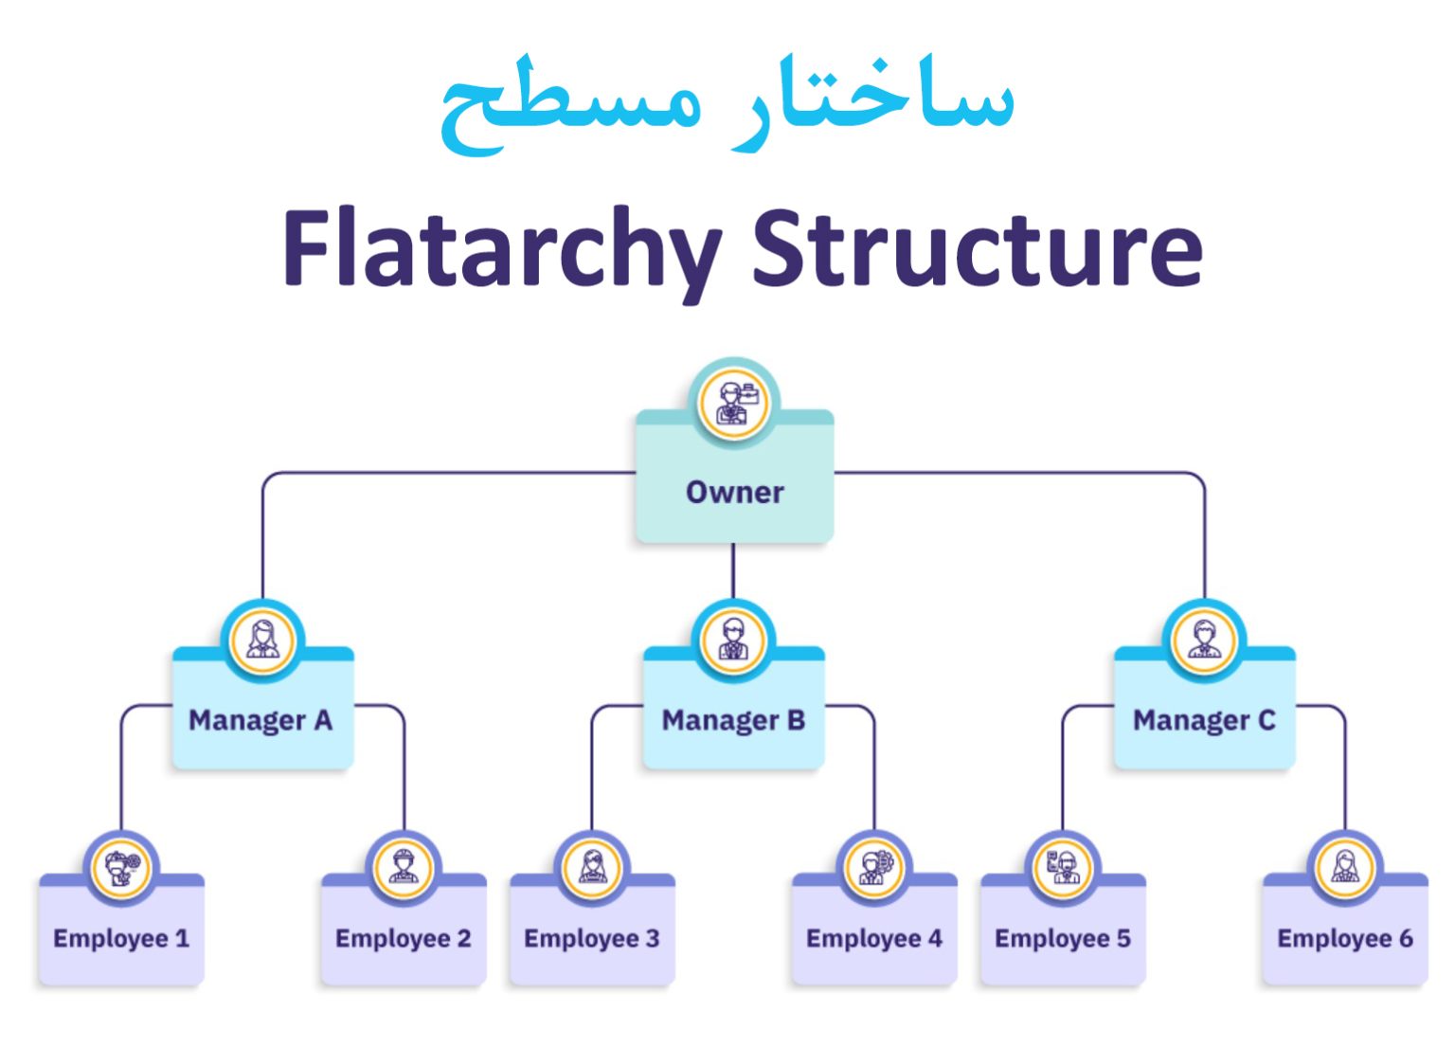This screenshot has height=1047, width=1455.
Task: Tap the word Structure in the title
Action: [x=977, y=248]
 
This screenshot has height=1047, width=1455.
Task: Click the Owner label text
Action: [x=734, y=493]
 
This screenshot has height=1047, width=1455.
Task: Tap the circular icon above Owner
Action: [x=734, y=403]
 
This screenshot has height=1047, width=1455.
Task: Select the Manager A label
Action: [x=260, y=720]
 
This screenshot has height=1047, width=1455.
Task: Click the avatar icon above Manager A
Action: [x=262, y=641]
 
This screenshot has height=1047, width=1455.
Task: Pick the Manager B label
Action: [x=733, y=720]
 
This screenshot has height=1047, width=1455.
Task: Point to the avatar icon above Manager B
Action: [x=733, y=641]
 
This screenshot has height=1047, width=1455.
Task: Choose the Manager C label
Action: [x=1204, y=720]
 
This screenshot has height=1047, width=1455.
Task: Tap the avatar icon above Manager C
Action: [x=1204, y=641]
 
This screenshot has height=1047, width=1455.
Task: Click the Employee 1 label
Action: [x=121, y=938]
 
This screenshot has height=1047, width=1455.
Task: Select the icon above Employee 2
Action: [x=404, y=868]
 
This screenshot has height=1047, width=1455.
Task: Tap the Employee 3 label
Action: [x=591, y=938]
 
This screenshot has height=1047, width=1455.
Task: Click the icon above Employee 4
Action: [x=874, y=868]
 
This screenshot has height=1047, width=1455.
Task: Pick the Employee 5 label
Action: [x=1062, y=938]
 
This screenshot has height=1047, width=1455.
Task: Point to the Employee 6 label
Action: [x=1344, y=938]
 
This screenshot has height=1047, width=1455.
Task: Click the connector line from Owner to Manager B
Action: [x=733, y=570]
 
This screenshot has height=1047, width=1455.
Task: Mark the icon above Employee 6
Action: [x=1344, y=868]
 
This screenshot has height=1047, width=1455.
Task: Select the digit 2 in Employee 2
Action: [x=463, y=938]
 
